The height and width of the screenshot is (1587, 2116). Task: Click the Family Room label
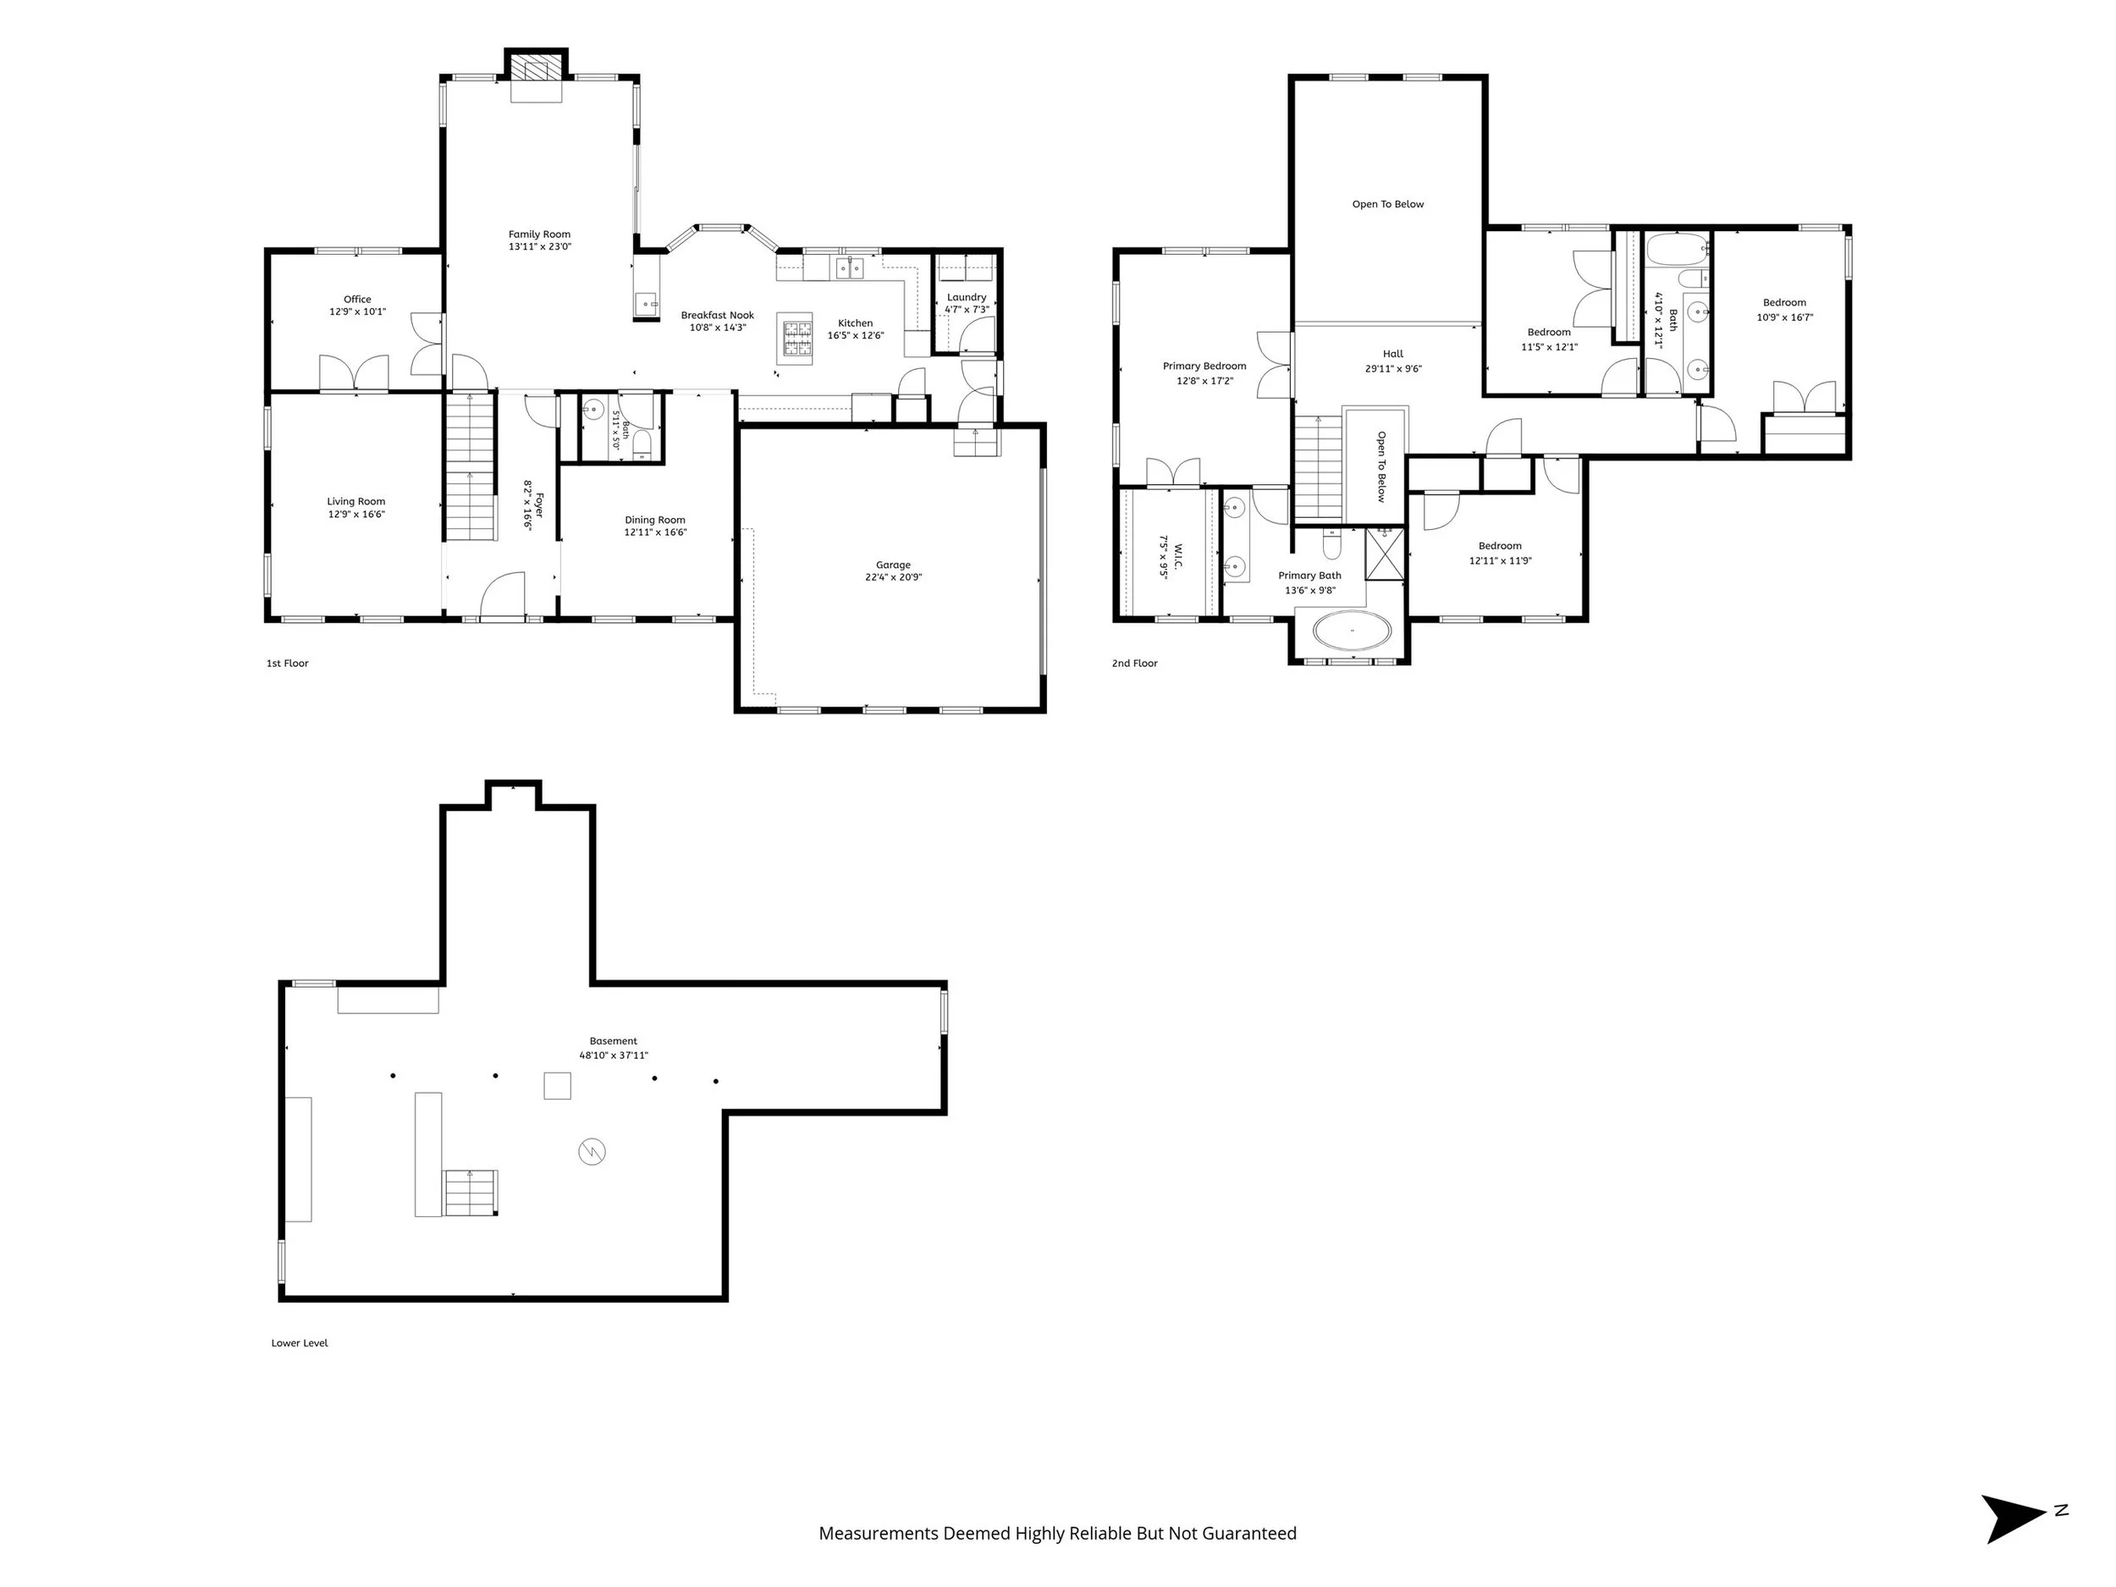[x=539, y=234]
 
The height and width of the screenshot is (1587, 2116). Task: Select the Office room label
[x=358, y=300]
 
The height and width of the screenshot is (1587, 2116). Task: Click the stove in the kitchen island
[x=796, y=339]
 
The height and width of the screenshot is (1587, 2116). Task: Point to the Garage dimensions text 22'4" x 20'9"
[x=894, y=578]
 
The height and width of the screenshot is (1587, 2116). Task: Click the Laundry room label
[x=967, y=297]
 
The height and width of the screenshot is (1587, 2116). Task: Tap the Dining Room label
[x=655, y=521]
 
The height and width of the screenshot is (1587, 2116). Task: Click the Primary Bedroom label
[x=1204, y=366]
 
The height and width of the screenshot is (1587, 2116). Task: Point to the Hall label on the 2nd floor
[x=1393, y=354]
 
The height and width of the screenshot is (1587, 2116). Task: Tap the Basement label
[x=613, y=1041]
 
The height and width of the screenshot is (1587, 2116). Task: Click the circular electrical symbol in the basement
[x=592, y=1151]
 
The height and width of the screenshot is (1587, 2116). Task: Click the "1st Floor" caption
[x=287, y=663]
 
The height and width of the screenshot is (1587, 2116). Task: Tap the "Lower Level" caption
[x=300, y=1343]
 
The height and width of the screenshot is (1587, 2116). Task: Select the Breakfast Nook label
[x=718, y=315]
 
